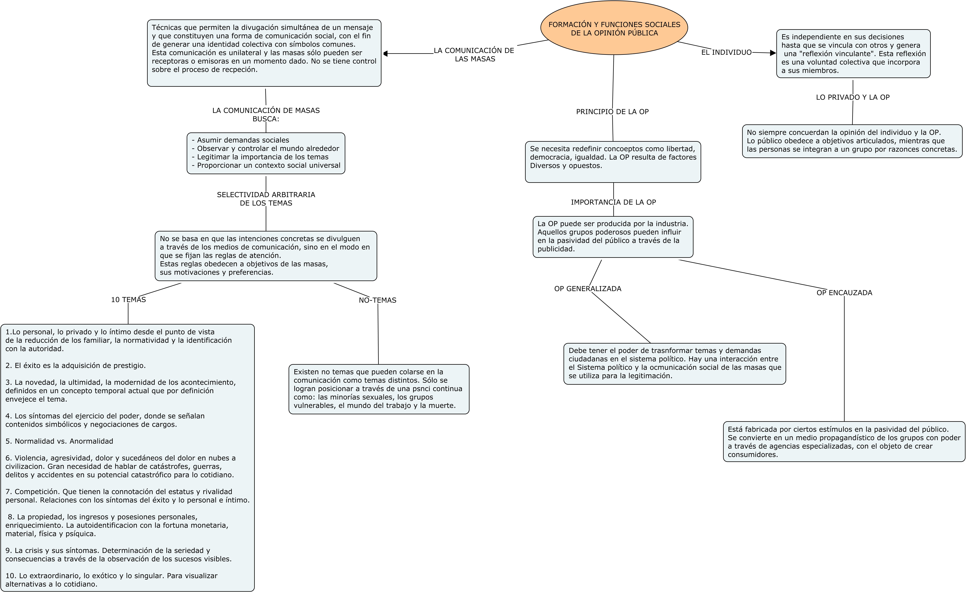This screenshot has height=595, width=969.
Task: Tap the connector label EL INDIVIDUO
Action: coord(726,52)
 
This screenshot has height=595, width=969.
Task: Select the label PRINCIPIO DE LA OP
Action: coord(612,112)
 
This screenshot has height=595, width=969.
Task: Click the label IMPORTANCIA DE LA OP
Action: coord(613,202)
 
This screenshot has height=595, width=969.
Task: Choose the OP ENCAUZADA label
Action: coord(844,293)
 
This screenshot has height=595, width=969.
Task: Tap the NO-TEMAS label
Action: coord(377,300)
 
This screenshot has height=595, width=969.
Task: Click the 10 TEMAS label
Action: coord(128,300)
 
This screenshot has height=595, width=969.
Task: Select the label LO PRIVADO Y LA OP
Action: coord(852,97)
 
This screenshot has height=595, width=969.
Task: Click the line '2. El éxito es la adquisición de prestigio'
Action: coord(76,366)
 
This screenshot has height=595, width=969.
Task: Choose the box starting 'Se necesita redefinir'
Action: coord(613,162)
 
